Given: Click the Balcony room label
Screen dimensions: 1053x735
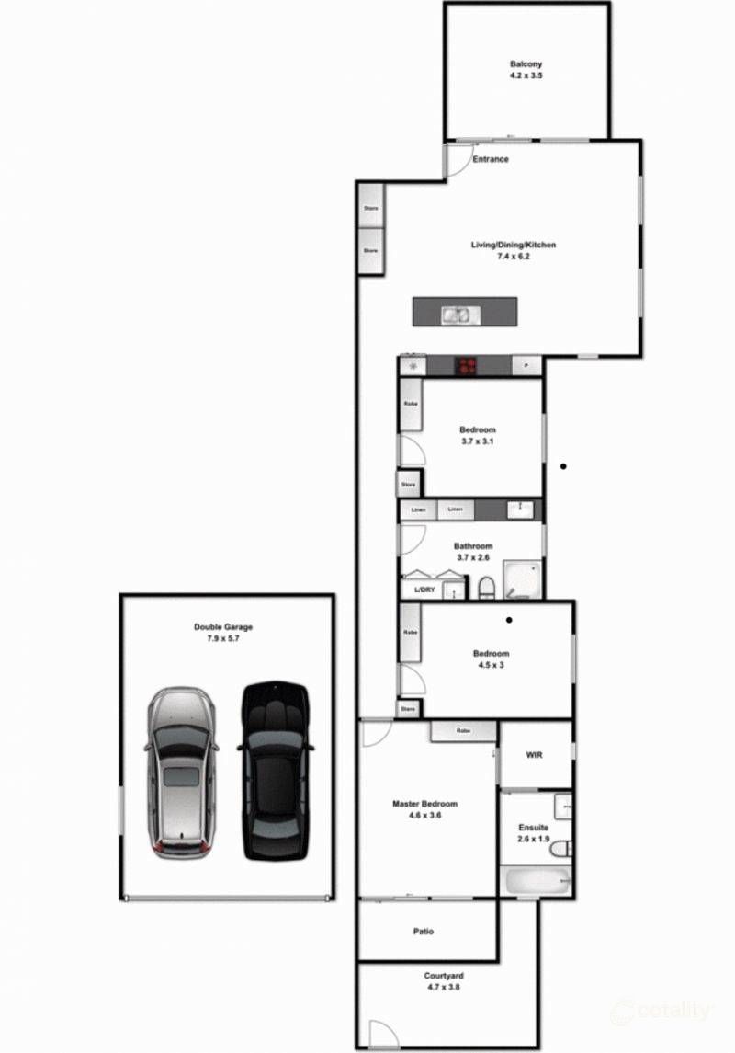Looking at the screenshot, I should [526, 64].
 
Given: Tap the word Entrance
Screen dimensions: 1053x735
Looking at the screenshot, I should [490, 160].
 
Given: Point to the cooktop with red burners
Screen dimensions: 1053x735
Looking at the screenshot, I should [467, 366].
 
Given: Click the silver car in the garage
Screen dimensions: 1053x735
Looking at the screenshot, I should [182, 773].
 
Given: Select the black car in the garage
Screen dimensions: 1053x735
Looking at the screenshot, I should [276, 771].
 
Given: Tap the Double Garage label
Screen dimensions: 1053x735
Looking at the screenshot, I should [223, 627].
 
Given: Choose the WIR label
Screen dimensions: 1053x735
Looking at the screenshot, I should [536, 754].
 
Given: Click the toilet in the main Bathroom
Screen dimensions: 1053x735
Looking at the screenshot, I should [486, 588].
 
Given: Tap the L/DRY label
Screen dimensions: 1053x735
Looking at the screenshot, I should [424, 589].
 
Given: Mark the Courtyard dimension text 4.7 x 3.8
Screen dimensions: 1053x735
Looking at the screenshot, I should [443, 987].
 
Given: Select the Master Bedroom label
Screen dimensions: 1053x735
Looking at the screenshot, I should [424, 804].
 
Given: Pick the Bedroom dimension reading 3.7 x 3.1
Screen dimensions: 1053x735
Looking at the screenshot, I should [478, 441].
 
